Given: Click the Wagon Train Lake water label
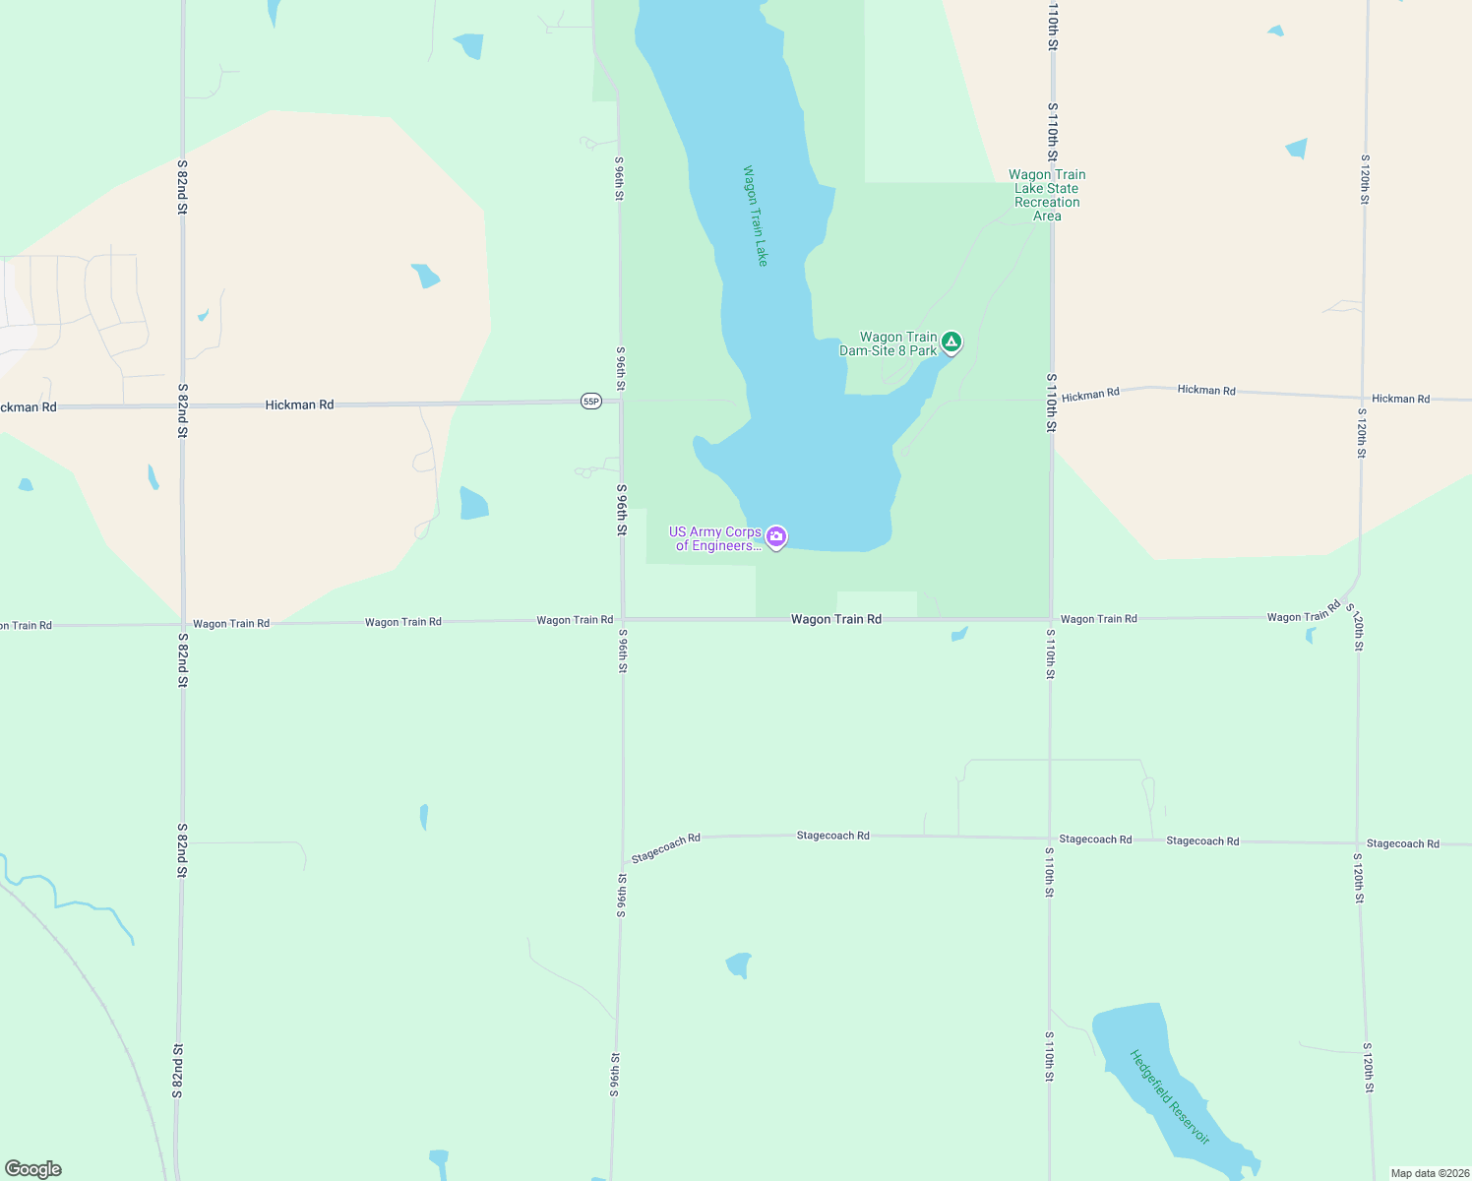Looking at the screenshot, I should point(755,216).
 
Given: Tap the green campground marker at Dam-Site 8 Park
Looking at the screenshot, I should point(951,342).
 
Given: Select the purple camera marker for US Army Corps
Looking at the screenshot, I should point(776,536).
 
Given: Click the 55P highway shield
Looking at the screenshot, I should point(590,402).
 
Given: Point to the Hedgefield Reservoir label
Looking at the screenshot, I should point(1169,1096).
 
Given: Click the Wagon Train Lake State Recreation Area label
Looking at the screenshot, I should point(1047,195).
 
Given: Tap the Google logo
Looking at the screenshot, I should point(33,1169).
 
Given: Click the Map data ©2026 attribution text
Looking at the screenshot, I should point(1428,1173).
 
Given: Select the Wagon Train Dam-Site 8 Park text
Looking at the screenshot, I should point(889,343).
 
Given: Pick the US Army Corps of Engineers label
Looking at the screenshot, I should point(715,538).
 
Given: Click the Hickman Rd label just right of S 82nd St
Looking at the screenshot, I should point(299,404).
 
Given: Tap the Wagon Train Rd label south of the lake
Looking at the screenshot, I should point(835,619).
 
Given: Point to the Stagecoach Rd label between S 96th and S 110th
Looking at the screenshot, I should point(832,836).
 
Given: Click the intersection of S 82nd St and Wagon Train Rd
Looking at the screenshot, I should point(182,624).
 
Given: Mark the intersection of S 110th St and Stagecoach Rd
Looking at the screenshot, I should point(1050,839).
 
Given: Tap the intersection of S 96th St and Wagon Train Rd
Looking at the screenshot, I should point(622,619).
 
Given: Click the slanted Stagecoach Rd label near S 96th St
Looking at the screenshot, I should point(665,848).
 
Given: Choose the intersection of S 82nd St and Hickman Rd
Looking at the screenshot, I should point(182,404).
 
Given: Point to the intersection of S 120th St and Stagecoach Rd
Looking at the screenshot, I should point(1358,843).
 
